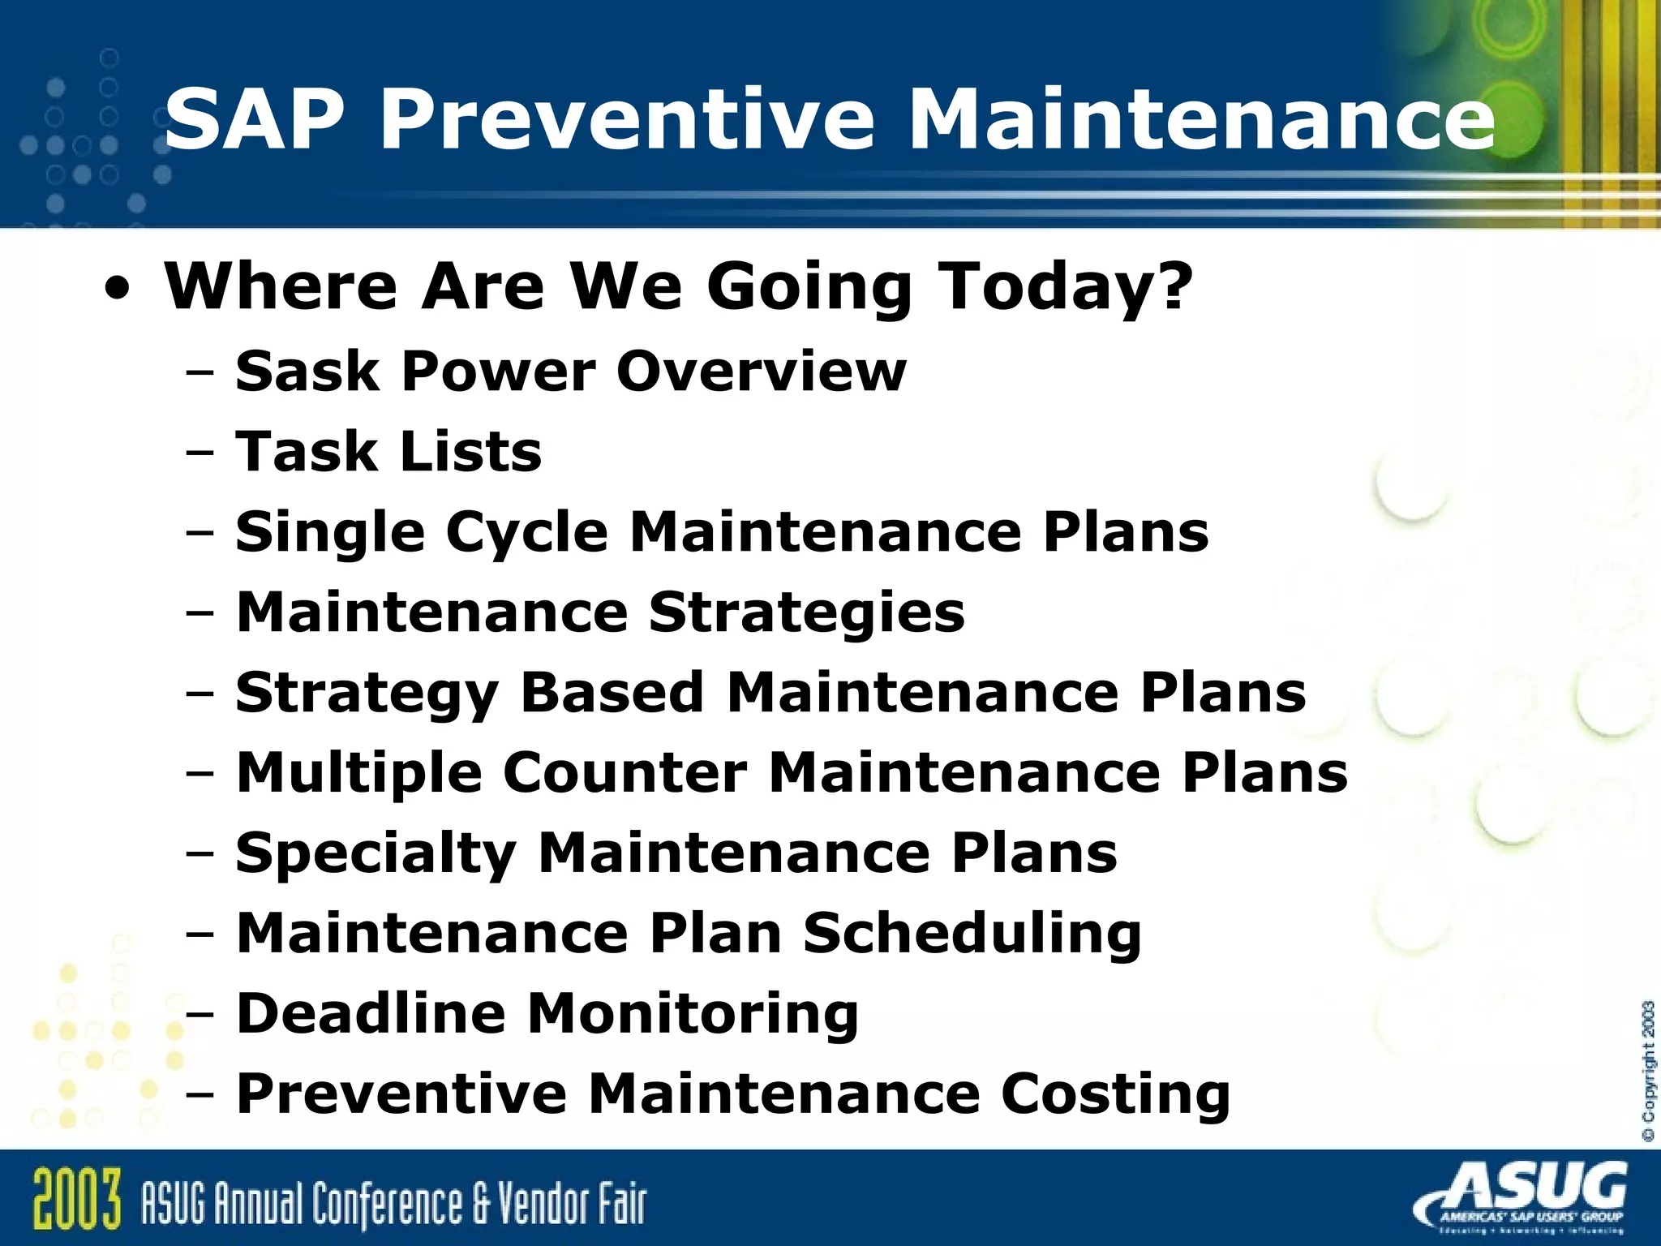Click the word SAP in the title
(x=255, y=120)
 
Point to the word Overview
(x=761, y=372)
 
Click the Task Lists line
(x=388, y=452)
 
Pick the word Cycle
(x=527, y=533)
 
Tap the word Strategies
(x=806, y=612)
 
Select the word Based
(x=612, y=693)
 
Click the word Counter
(x=624, y=772)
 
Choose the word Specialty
(x=376, y=853)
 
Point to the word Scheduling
(x=972, y=933)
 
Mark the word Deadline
(x=371, y=1013)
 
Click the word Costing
(x=1115, y=1093)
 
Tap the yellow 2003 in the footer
(x=77, y=1199)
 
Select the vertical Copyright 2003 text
(x=1647, y=1071)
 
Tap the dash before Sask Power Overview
(x=200, y=373)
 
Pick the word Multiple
(x=359, y=772)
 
